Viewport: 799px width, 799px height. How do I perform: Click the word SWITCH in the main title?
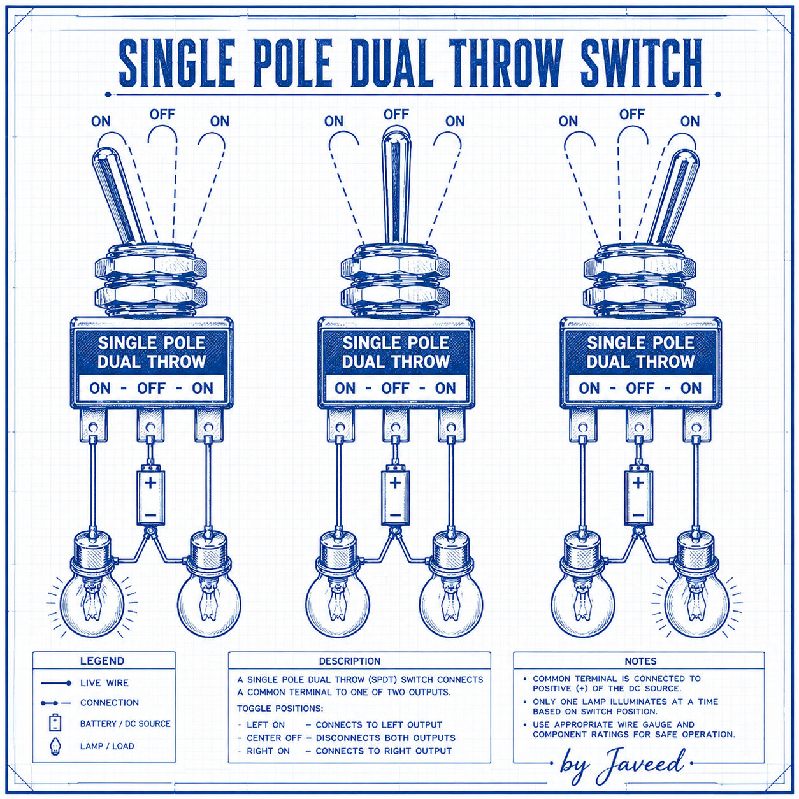coord(640,63)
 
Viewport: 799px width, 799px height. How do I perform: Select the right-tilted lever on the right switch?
coord(673,198)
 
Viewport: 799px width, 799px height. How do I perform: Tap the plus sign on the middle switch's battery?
coord(395,482)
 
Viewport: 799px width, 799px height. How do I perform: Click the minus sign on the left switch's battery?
coord(150,515)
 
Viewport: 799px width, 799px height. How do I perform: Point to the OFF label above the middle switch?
coord(396,114)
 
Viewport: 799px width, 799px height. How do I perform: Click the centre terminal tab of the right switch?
coord(639,424)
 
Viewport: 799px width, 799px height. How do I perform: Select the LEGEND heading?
coord(102,661)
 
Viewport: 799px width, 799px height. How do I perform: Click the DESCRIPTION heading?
coord(350,661)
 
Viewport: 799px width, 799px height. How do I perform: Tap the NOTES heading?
coord(640,661)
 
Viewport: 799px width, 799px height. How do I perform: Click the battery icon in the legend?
coord(55,723)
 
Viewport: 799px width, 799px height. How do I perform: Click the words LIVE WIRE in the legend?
coord(104,683)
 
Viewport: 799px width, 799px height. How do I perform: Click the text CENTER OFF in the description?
coord(274,738)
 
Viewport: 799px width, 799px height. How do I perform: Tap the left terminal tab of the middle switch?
coord(340,424)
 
